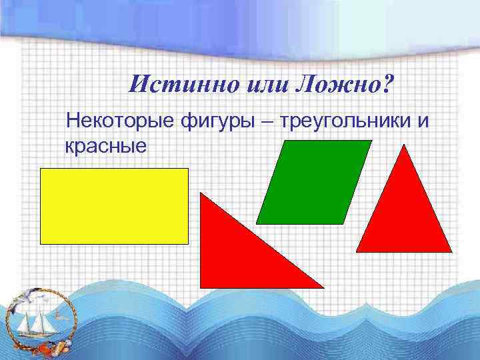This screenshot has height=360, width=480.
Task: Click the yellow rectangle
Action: [x=114, y=206]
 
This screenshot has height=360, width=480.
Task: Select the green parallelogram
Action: [x=313, y=182]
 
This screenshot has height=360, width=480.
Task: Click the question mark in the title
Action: [x=389, y=83]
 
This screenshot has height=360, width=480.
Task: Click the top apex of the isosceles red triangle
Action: [x=404, y=145]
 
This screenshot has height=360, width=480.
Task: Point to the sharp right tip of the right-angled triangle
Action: [x=323, y=287]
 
